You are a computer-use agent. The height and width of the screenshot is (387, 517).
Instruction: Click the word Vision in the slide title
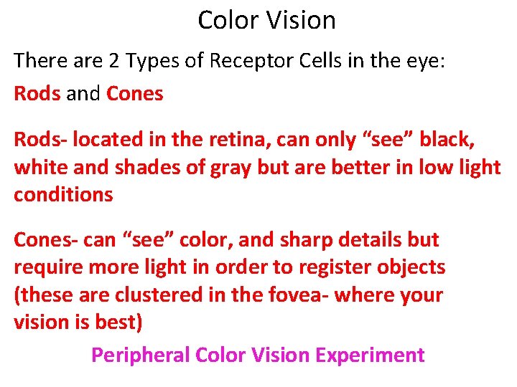click(x=302, y=20)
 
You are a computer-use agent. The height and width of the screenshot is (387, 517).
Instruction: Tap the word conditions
click(x=63, y=195)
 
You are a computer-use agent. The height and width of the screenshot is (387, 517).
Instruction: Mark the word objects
click(x=410, y=268)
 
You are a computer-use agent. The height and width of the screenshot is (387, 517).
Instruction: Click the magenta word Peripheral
click(x=141, y=355)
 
